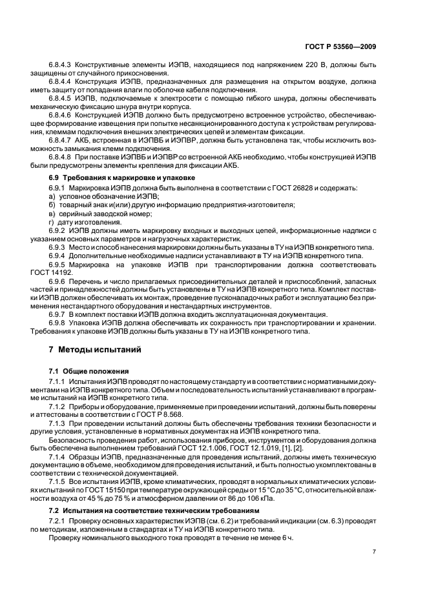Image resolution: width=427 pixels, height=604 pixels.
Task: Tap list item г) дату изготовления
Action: [85, 222]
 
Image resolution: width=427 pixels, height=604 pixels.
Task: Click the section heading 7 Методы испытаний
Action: [91, 349]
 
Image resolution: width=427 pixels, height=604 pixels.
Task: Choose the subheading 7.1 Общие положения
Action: [89, 372]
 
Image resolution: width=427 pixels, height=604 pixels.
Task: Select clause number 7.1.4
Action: [57, 458]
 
